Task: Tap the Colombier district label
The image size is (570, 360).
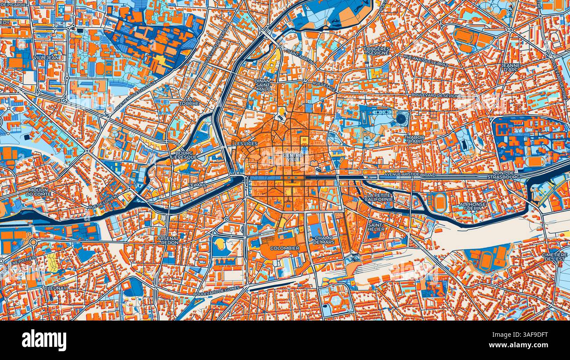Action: (x=285, y=248)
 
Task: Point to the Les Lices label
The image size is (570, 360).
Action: (x=246, y=144)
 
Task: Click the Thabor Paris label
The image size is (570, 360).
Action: (x=414, y=139)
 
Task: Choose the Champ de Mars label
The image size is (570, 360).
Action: (x=324, y=240)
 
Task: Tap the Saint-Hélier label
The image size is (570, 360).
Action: (x=376, y=227)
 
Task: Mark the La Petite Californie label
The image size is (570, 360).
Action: (x=380, y=197)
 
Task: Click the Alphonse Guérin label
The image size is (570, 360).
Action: (x=473, y=206)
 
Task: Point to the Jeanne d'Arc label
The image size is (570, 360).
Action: (x=510, y=67)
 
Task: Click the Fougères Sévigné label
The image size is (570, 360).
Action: (x=376, y=50)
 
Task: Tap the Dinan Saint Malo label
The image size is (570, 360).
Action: (x=264, y=85)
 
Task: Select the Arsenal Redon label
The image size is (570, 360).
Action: (x=167, y=240)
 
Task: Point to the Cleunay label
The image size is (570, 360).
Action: (x=55, y=288)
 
